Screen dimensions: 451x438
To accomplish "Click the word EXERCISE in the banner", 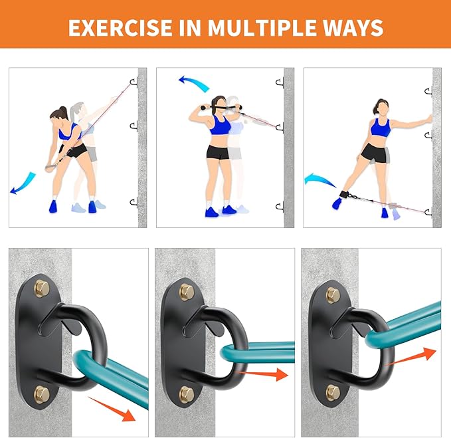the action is (120, 28).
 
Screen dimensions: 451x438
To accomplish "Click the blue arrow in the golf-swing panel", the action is (23, 183).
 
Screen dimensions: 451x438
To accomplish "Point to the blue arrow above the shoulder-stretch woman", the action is (195, 83).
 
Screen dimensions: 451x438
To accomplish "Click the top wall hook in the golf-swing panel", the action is (134, 82).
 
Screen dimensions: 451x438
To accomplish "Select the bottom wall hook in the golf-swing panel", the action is (134, 202).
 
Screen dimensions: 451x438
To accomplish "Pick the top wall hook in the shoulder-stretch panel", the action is (280, 83).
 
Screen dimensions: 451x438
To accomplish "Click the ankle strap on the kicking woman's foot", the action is (344, 194).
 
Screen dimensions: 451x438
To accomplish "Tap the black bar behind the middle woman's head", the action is (221, 107).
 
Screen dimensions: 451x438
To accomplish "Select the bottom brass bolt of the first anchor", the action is (42, 393).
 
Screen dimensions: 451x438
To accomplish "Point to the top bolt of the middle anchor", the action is (187, 292).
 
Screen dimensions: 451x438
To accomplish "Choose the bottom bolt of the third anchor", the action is (333, 393).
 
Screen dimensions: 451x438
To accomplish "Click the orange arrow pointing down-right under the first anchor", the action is (112, 409).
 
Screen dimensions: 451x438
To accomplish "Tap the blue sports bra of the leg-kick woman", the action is (380, 127).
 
